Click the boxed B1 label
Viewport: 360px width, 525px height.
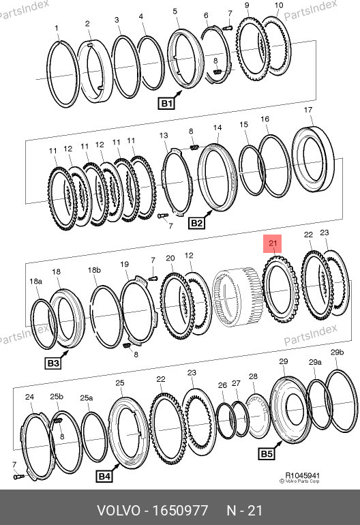[166, 104]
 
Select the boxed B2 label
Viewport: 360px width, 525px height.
[196, 223]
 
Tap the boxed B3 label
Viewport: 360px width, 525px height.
[53, 363]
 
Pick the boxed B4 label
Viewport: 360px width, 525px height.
[104, 477]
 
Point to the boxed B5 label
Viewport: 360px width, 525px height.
[267, 453]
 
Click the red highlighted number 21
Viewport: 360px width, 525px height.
[273, 243]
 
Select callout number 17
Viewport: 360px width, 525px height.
[308, 110]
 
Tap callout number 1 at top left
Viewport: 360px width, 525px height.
[57, 28]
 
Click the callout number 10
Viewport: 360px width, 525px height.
[278, 5]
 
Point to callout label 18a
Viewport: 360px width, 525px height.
[35, 281]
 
